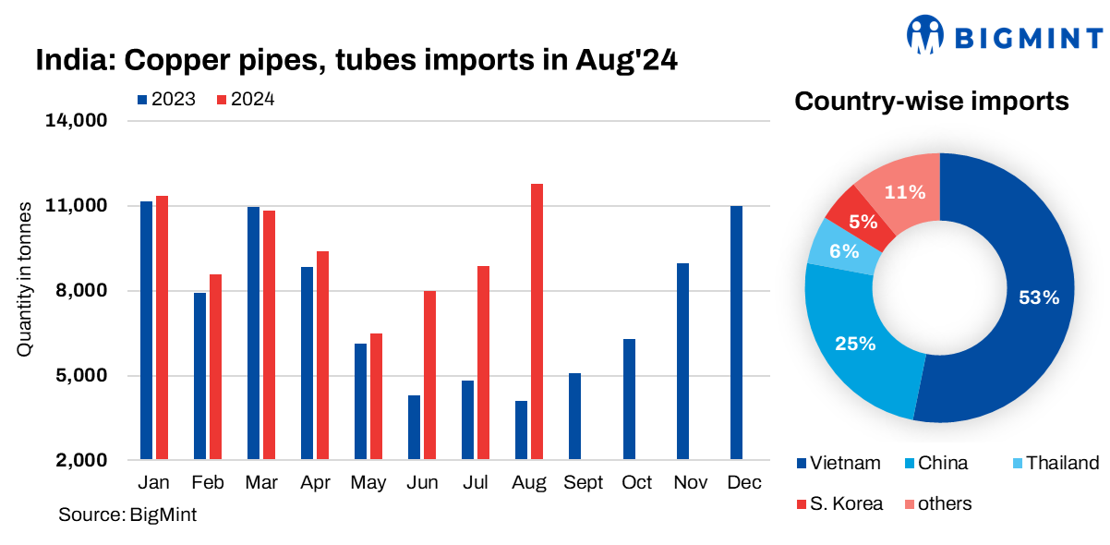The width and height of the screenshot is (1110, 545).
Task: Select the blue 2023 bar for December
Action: pyautogui.click(x=736, y=333)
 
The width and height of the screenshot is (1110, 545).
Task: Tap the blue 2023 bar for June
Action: pyautogui.click(x=414, y=427)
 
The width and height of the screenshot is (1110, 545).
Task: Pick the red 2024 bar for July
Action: pyautogui.click(x=483, y=362)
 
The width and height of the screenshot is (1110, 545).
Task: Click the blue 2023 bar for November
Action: pyautogui.click(x=682, y=361)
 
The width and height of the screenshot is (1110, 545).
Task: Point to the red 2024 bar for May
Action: pyautogui.click(x=376, y=396)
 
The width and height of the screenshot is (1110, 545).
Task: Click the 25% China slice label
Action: pyautogui.click(x=855, y=344)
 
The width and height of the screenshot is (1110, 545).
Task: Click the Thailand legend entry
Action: pyautogui.click(x=1053, y=464)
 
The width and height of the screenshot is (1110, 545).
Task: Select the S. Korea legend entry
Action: pyautogui.click(x=839, y=504)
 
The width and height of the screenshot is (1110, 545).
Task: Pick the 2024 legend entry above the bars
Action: pyautogui.click(x=245, y=100)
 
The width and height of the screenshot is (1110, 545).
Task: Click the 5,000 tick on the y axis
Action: pyautogui.click(x=83, y=376)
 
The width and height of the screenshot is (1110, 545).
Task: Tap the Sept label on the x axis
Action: pyautogui.click(x=584, y=483)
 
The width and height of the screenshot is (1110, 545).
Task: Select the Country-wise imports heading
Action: pyautogui.click(x=932, y=102)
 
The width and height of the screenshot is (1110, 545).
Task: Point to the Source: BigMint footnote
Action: pyautogui.click(x=127, y=515)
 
